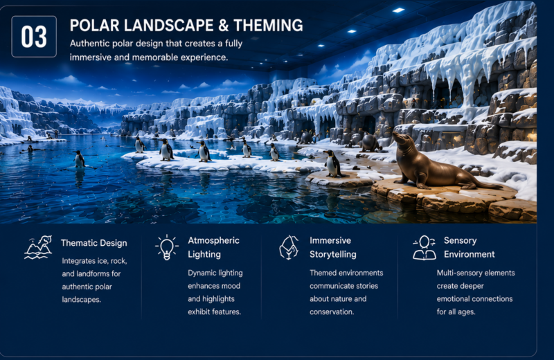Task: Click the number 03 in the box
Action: (x=34, y=37)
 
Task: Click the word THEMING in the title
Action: (x=268, y=26)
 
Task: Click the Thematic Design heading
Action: (x=93, y=243)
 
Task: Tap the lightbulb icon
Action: (x=167, y=248)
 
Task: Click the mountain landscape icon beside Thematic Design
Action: (x=38, y=247)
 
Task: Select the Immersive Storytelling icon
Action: (x=289, y=247)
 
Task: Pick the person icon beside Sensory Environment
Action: (x=425, y=248)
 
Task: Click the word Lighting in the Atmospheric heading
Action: (x=204, y=254)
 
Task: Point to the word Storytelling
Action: (x=333, y=254)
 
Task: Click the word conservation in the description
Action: (x=332, y=312)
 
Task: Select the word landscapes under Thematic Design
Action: (x=81, y=300)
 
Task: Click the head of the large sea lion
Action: (x=402, y=138)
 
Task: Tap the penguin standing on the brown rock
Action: (x=333, y=163)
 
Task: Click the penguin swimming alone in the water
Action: (x=79, y=159)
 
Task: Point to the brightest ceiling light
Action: (x=398, y=10)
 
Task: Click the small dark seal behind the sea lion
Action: (x=370, y=142)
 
